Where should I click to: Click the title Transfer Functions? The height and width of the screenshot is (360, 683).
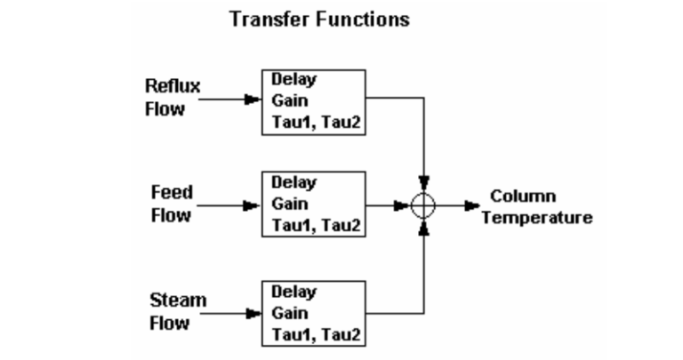(x=320, y=19)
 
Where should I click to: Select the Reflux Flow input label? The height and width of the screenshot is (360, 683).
(x=173, y=98)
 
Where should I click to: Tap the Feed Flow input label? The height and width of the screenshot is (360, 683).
(x=171, y=204)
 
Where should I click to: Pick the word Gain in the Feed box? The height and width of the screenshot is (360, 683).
(x=288, y=204)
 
